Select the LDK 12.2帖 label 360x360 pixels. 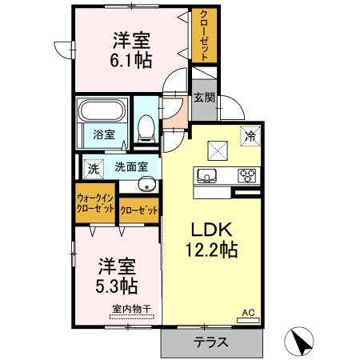(x=210, y=238)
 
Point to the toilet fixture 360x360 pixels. (x=146, y=126)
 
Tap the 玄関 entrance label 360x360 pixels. (x=203, y=98)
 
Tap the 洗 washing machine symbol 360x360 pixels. (x=93, y=169)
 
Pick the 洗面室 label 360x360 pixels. (x=130, y=168)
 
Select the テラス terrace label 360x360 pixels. (x=211, y=343)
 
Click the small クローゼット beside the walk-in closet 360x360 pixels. (x=138, y=211)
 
